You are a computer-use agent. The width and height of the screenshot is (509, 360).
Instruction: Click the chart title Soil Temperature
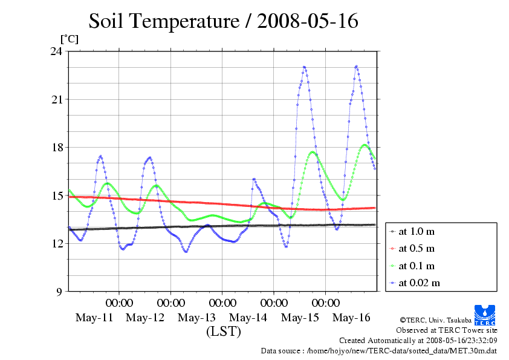[x=223, y=22]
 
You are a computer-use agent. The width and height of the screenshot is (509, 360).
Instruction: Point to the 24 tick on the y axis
[x=56, y=51]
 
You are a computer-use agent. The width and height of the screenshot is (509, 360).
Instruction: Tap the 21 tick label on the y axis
[x=56, y=99]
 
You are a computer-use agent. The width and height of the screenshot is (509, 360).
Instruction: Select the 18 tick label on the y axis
[x=56, y=148]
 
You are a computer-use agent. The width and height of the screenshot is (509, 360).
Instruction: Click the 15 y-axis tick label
[x=56, y=195]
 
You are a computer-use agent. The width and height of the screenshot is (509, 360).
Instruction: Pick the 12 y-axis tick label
[x=56, y=243]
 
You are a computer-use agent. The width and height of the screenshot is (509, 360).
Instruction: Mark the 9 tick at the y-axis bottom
[x=59, y=292]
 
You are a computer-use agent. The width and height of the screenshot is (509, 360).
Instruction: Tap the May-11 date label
[x=94, y=318]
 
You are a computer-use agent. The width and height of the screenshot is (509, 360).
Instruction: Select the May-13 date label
[x=197, y=318]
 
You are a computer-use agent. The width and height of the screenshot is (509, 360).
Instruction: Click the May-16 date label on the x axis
[x=352, y=318]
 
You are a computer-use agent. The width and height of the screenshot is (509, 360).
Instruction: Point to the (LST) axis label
[x=223, y=332]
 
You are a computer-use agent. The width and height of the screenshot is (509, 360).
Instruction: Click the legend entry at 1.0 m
[x=417, y=231]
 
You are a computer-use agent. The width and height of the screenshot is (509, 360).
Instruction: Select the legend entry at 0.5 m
[x=417, y=248]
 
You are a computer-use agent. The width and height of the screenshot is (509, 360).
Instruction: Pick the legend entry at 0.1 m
[x=417, y=266]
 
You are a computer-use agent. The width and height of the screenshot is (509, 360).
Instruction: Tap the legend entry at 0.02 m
[x=419, y=283]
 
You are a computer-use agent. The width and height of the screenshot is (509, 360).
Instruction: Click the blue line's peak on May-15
[x=304, y=67]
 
